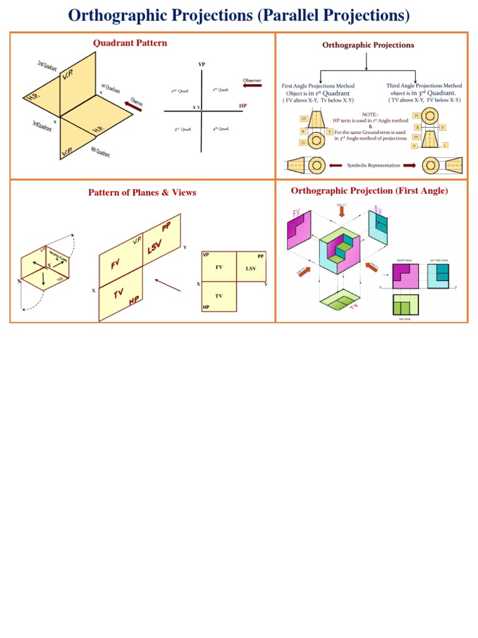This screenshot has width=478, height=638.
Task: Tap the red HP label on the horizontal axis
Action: point(243,106)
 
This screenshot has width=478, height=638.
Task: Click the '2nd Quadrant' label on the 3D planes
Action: point(49,66)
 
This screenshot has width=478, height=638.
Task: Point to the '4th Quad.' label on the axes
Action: point(220,128)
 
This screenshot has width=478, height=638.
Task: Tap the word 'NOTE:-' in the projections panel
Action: point(370,113)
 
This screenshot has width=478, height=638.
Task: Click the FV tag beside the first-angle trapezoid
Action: point(304,118)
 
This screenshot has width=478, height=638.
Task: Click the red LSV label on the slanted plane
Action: point(154,247)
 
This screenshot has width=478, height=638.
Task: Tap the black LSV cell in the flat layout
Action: point(251,268)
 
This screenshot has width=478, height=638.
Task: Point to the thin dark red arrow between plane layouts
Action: point(168,285)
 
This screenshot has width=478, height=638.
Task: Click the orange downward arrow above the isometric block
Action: point(340,212)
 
